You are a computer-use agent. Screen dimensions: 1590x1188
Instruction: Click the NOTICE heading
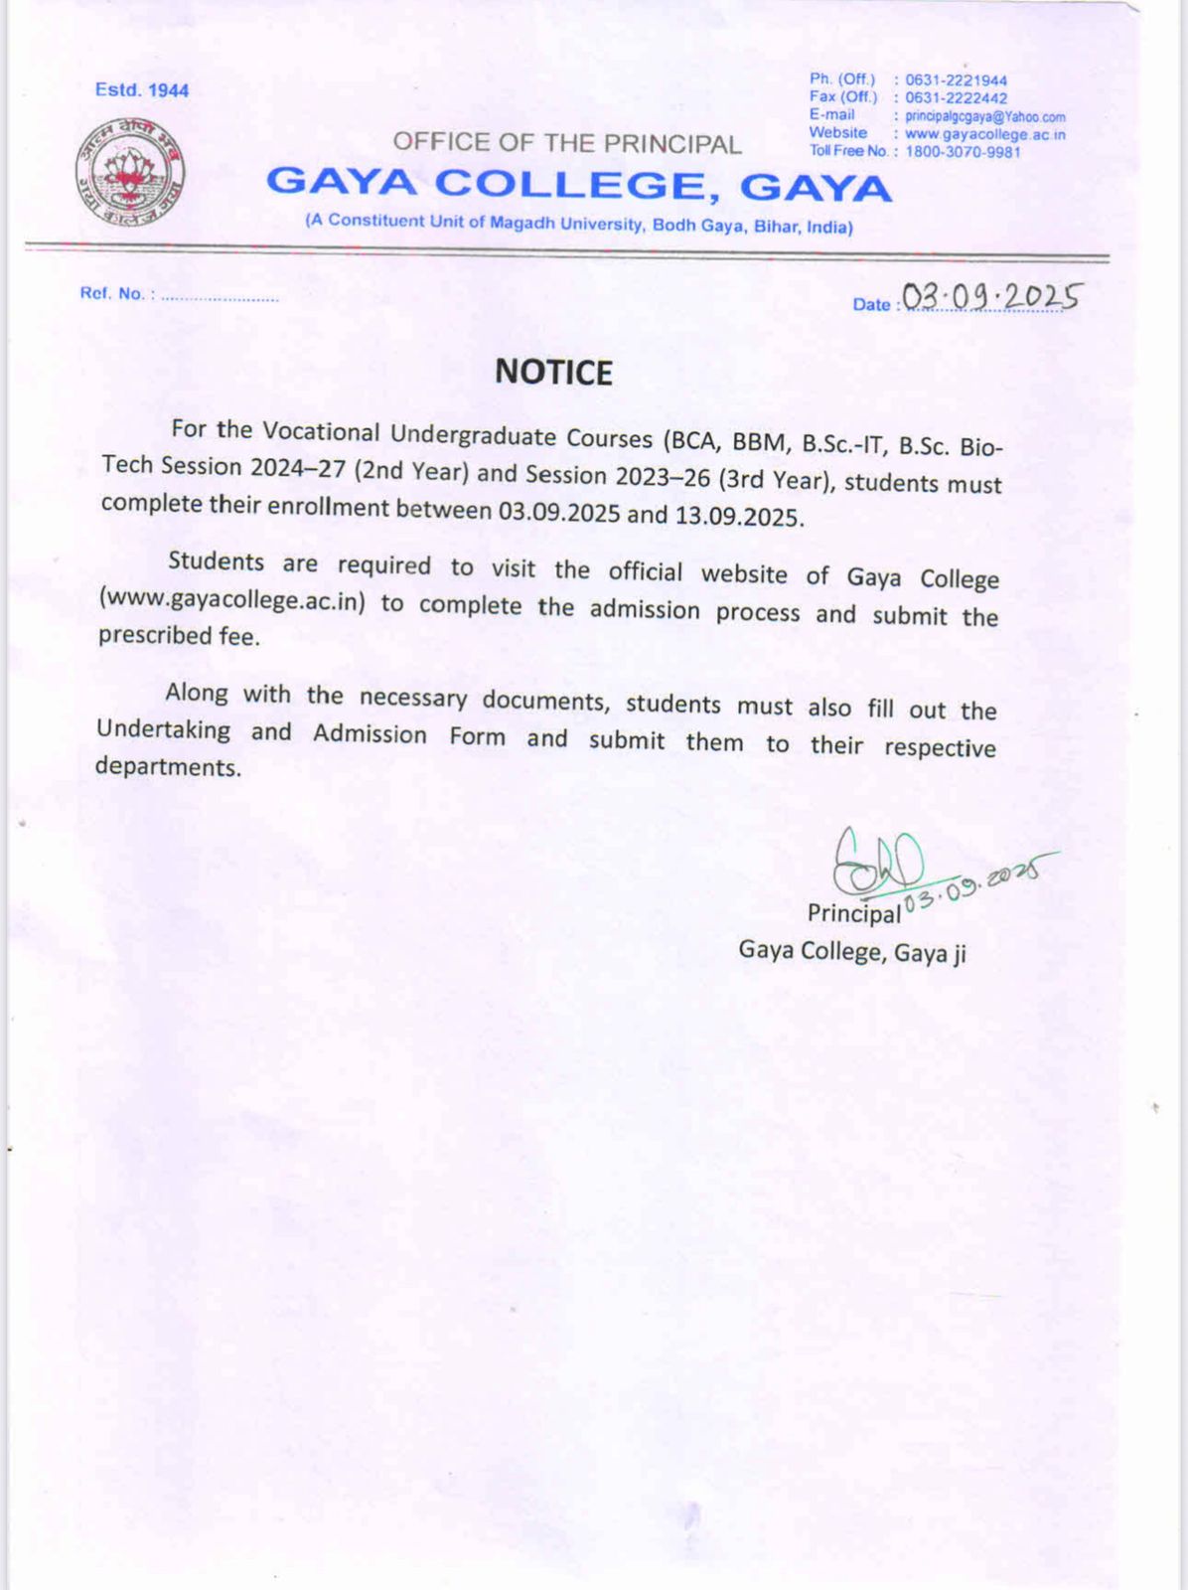[x=553, y=373]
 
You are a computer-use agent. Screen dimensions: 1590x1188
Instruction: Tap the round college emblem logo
[x=130, y=172]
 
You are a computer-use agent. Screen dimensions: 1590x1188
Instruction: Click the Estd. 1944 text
[x=142, y=90]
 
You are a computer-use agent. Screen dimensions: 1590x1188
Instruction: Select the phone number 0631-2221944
[x=956, y=80]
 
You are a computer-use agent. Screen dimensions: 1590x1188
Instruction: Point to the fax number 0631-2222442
[x=956, y=98]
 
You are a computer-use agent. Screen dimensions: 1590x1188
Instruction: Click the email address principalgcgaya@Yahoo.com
[x=984, y=116]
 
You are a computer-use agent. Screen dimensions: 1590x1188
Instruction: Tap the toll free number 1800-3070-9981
[x=962, y=152]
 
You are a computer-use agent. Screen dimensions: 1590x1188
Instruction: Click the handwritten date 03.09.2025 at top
[x=989, y=296]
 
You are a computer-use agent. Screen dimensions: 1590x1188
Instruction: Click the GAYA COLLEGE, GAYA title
[x=579, y=185]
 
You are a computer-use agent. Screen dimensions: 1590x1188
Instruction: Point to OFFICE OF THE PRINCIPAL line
[x=567, y=143]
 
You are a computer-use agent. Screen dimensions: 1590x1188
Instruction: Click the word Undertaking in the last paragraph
[x=164, y=729]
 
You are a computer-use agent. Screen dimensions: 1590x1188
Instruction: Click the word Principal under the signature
[x=853, y=912]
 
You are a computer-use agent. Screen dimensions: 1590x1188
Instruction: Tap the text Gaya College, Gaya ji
[x=851, y=952]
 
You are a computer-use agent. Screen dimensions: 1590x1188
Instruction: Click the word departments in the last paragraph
[x=168, y=766]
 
